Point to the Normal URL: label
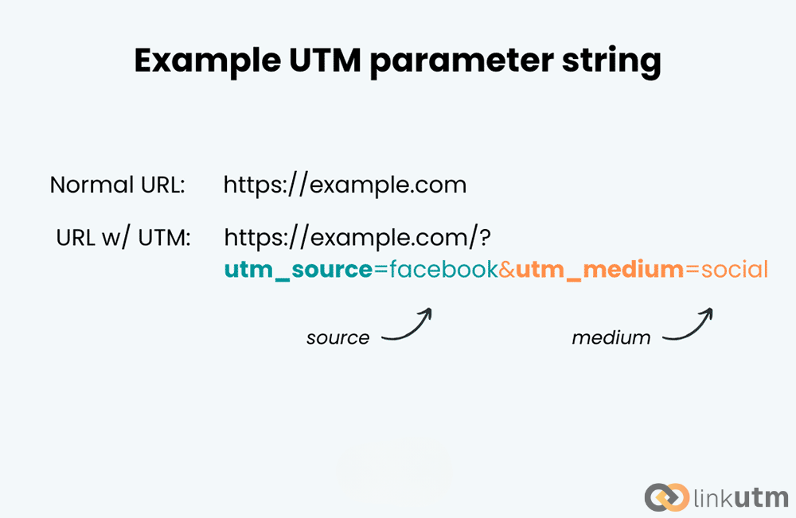[117, 185]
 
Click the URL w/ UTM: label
[123, 237]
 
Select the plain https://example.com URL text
[345, 185]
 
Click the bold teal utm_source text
[298, 271]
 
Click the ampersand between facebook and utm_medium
[507, 270]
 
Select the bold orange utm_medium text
[599, 271]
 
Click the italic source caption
[338, 338]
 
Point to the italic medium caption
[611, 338]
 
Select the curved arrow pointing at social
[689, 327]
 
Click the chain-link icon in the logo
[666, 497]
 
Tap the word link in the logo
[712, 498]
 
